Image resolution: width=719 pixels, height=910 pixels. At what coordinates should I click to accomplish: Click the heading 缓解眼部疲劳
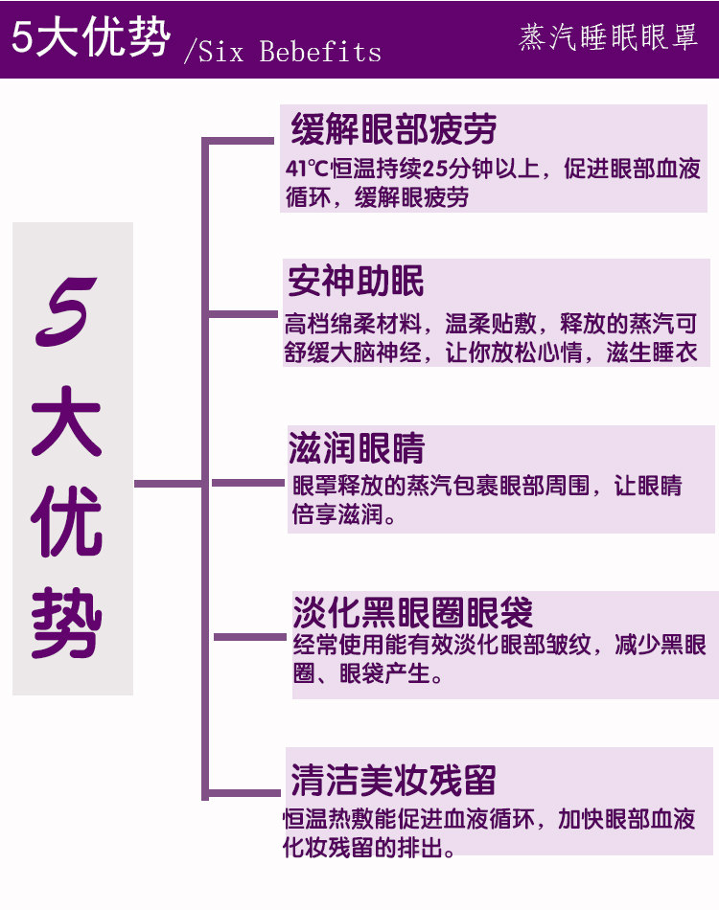pos(393,129)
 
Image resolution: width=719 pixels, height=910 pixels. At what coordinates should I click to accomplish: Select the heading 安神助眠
pos(356,282)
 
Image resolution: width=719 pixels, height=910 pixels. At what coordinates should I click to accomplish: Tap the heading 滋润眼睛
pos(356,448)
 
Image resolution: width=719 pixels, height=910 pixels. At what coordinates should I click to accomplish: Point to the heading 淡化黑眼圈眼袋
pos(412,611)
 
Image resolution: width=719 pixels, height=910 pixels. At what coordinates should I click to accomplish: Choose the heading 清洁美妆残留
pos(393,780)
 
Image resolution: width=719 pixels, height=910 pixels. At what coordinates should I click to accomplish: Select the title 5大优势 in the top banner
pos(91,38)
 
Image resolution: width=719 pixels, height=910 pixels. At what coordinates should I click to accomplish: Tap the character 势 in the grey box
pos(67,624)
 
